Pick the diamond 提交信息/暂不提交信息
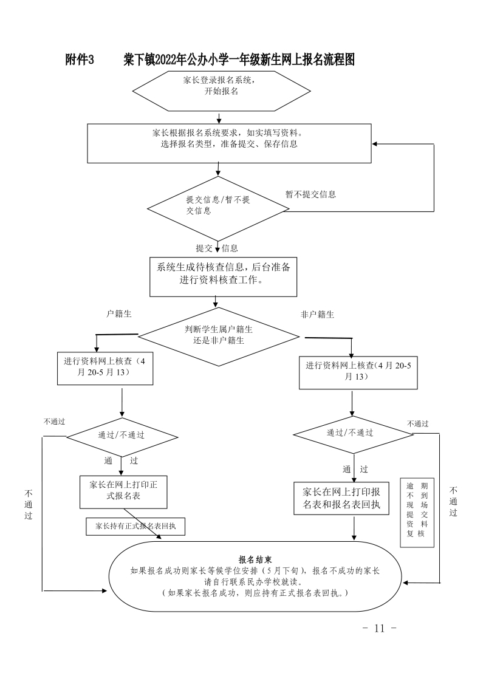coord(217,206)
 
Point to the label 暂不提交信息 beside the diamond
coord(310,194)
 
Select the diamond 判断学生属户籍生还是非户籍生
coord(219,335)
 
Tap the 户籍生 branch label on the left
coord(119,314)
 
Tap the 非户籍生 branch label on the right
coord(317,315)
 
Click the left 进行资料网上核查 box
coord(105,367)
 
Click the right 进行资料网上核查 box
coord(358,371)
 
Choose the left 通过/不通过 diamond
coord(122,436)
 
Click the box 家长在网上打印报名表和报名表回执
coord(341,498)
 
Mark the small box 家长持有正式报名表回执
coord(135,526)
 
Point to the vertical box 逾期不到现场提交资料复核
coord(417,512)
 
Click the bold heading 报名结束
coord(255,559)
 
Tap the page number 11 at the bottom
coord(380,627)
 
